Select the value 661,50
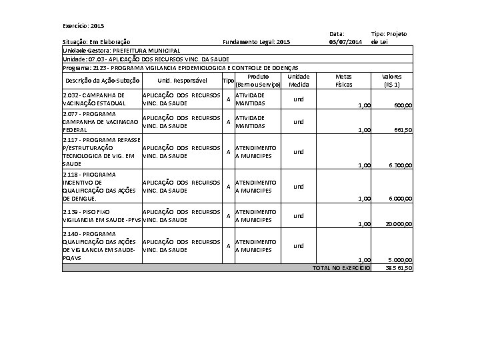[x=403, y=131]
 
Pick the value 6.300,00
[x=401, y=165]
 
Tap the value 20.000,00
[x=399, y=225]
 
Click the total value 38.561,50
[x=399, y=268]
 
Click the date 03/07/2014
[x=345, y=42]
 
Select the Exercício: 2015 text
[x=83, y=26]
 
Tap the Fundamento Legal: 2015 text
[x=256, y=43]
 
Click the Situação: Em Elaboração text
[x=96, y=43]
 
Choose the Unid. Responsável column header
[x=181, y=81]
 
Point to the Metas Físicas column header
[x=344, y=81]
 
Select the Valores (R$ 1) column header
[x=392, y=81]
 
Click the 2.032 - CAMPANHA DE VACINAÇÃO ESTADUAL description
[x=94, y=99]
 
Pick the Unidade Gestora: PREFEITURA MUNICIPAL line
[x=121, y=51]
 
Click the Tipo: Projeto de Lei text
[x=389, y=38]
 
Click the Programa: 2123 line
[x=180, y=68]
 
